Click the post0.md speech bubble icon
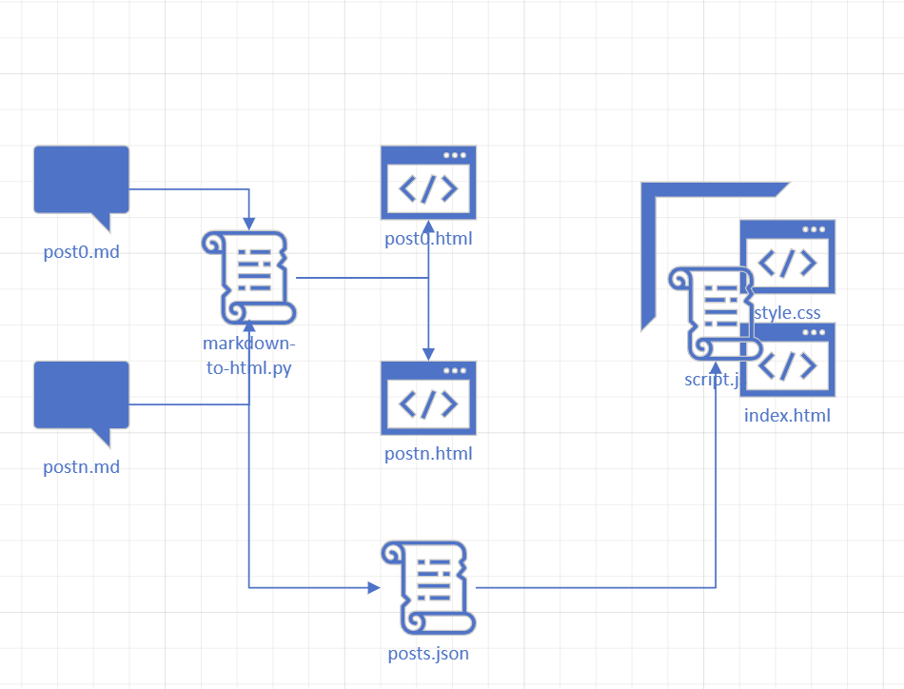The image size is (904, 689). click(81, 181)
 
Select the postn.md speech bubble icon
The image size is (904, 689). click(81, 396)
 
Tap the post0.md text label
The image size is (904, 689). click(81, 252)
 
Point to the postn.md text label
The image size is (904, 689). click(81, 467)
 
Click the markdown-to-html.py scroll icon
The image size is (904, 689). click(248, 278)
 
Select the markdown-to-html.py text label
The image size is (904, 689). click(248, 356)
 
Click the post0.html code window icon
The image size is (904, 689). click(428, 183)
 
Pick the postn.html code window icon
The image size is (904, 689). click(428, 398)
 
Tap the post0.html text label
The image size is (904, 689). click(428, 238)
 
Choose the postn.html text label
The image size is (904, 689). click(428, 454)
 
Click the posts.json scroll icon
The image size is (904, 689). click(427, 587)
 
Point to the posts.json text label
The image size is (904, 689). click(428, 654)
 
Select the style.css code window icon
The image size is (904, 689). click(787, 257)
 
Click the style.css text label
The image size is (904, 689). click(788, 312)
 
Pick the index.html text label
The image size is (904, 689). click(787, 415)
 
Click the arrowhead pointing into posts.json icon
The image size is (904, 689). click(374, 588)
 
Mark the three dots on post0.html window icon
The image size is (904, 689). click(455, 155)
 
